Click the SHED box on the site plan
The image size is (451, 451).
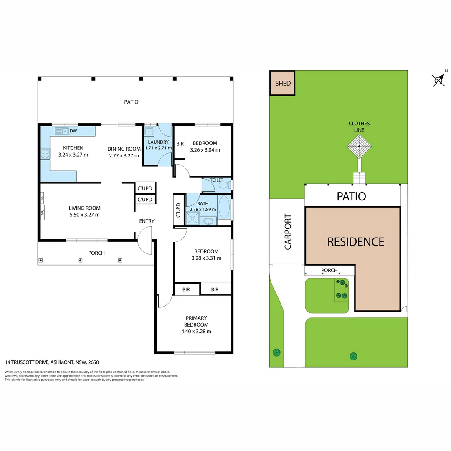[282, 83]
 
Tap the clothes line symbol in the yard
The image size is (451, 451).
[359, 147]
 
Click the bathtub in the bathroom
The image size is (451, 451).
[224, 207]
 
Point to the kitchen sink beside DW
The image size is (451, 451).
[61, 131]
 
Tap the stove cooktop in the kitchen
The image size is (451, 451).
[45, 154]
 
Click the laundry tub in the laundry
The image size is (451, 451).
[149, 132]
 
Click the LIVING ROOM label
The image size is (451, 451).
[84, 208]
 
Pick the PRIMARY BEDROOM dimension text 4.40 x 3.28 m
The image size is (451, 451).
[196, 331]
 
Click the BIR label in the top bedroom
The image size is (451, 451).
[180, 144]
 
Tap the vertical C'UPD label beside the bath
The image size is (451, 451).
[178, 210]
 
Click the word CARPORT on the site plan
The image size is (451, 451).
[288, 232]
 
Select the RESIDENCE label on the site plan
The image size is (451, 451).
[356, 242]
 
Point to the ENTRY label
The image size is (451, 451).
[147, 221]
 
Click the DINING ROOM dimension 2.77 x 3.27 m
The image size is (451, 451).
[124, 156]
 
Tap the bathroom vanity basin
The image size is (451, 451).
[208, 221]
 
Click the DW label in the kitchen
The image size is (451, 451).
[73, 131]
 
